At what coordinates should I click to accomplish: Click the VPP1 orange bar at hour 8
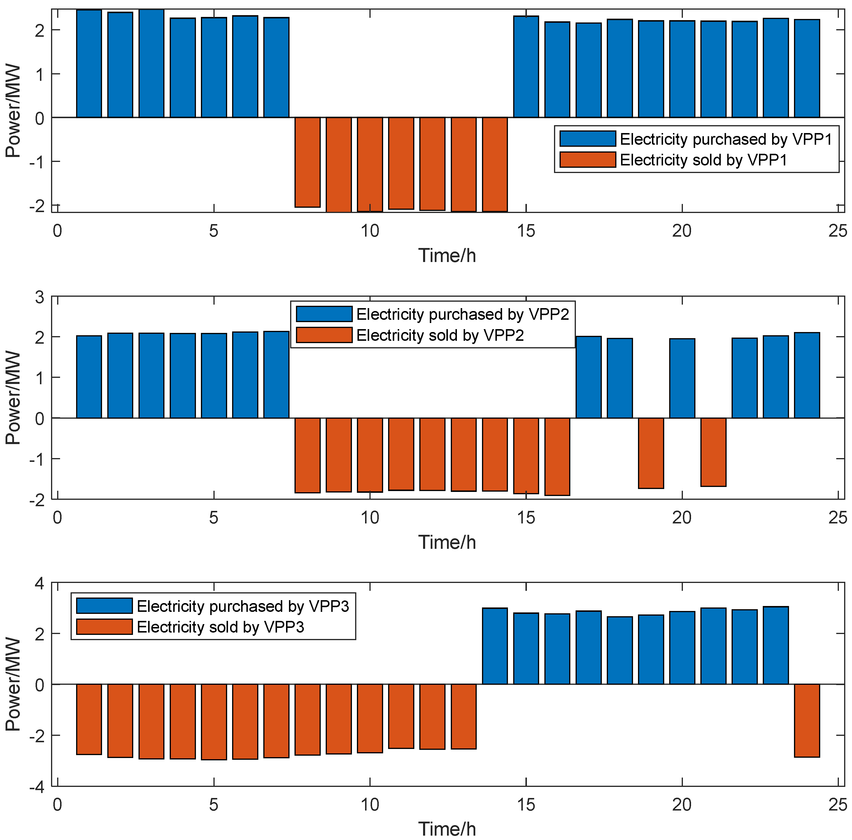(x=307, y=162)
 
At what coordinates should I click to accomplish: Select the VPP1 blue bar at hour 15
(x=526, y=67)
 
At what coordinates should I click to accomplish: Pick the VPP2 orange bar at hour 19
(x=651, y=453)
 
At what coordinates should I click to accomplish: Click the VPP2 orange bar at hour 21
(x=713, y=452)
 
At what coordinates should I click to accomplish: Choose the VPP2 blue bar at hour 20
(x=682, y=378)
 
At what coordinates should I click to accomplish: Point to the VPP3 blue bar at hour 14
(x=495, y=646)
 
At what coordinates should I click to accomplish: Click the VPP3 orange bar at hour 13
(x=464, y=717)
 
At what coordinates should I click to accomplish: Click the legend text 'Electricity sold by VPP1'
(x=703, y=160)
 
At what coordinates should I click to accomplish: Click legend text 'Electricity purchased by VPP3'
(x=243, y=606)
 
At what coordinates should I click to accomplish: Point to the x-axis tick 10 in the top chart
(x=369, y=230)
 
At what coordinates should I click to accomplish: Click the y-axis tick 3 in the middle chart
(x=40, y=297)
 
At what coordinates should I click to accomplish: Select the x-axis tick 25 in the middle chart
(x=837, y=518)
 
